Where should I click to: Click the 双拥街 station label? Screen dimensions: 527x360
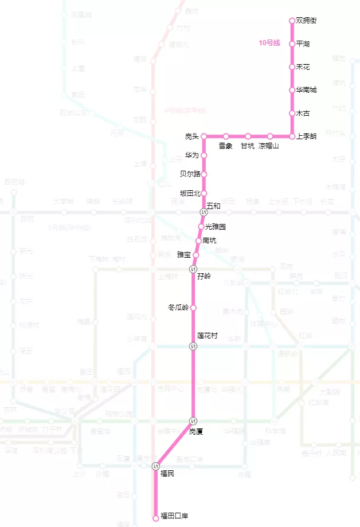point(306,21)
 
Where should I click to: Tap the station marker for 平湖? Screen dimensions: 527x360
point(292,44)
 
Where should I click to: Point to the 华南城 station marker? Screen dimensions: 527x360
point(292,90)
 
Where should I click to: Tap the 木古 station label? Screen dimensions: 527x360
point(303,113)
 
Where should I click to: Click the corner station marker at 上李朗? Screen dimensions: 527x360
point(292,136)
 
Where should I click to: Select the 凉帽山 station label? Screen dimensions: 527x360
point(268,146)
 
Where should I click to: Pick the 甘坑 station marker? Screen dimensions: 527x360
point(248,136)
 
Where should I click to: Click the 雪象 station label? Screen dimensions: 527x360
point(226,146)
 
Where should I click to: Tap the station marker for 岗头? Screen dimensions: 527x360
point(204,136)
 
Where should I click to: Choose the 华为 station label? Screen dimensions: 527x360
point(192,155)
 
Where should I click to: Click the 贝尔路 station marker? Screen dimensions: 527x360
point(204,174)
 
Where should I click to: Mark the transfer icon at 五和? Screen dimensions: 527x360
point(204,213)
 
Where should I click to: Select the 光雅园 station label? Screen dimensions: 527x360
point(216,227)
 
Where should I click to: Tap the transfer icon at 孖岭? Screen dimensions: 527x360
point(193,269)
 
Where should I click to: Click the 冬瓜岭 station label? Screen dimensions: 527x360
point(178,308)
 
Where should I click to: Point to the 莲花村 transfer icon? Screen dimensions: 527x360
point(193,346)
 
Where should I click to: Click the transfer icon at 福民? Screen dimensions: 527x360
point(155,467)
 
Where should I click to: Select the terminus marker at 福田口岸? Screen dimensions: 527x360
point(155,518)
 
